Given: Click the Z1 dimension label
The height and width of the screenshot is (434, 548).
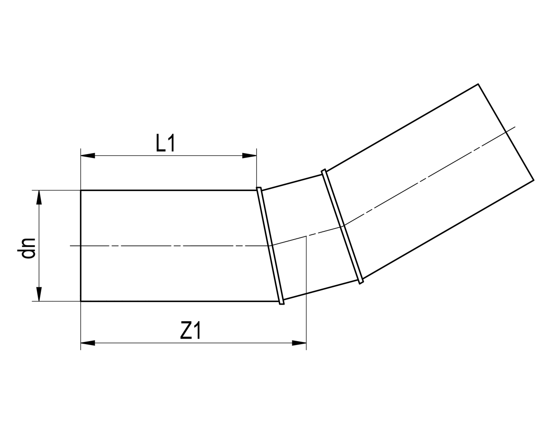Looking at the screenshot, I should tap(191, 332).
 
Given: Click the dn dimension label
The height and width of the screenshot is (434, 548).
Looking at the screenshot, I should tap(28, 248).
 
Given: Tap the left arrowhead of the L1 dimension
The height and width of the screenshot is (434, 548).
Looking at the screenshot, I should tap(88, 155).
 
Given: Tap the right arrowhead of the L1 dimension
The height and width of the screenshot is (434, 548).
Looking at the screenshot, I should tap(249, 155).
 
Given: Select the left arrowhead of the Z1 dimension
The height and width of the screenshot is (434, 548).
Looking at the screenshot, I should tap(88, 343).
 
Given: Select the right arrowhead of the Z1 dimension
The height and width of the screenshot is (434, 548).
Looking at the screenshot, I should tap(300, 343).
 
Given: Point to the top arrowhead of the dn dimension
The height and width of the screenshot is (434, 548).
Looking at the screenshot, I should tap(39, 197).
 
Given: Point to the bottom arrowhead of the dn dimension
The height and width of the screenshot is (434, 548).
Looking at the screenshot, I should tap(39, 294).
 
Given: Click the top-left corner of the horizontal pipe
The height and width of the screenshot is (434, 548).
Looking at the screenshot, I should tap(81, 190).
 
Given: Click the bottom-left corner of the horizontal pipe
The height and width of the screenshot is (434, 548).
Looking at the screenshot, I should tap(81, 301).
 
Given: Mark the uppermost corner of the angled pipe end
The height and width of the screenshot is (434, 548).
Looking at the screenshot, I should tap(478, 84).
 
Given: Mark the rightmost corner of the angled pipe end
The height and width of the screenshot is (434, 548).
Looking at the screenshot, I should tap(534, 180).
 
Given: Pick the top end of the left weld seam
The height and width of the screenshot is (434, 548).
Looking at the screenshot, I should tap(259, 188).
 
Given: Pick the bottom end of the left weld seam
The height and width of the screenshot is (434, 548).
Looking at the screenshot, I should tap(282, 302).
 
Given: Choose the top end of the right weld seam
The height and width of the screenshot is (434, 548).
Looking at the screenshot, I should tap(323, 171).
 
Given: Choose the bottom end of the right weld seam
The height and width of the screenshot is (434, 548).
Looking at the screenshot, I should tap(361, 283).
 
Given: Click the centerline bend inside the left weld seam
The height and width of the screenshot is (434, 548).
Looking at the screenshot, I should tap(271, 246).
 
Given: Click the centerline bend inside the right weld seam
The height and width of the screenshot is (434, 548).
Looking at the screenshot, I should tap(343, 226).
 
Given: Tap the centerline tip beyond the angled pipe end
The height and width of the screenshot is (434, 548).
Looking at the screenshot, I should tap(515, 127).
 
